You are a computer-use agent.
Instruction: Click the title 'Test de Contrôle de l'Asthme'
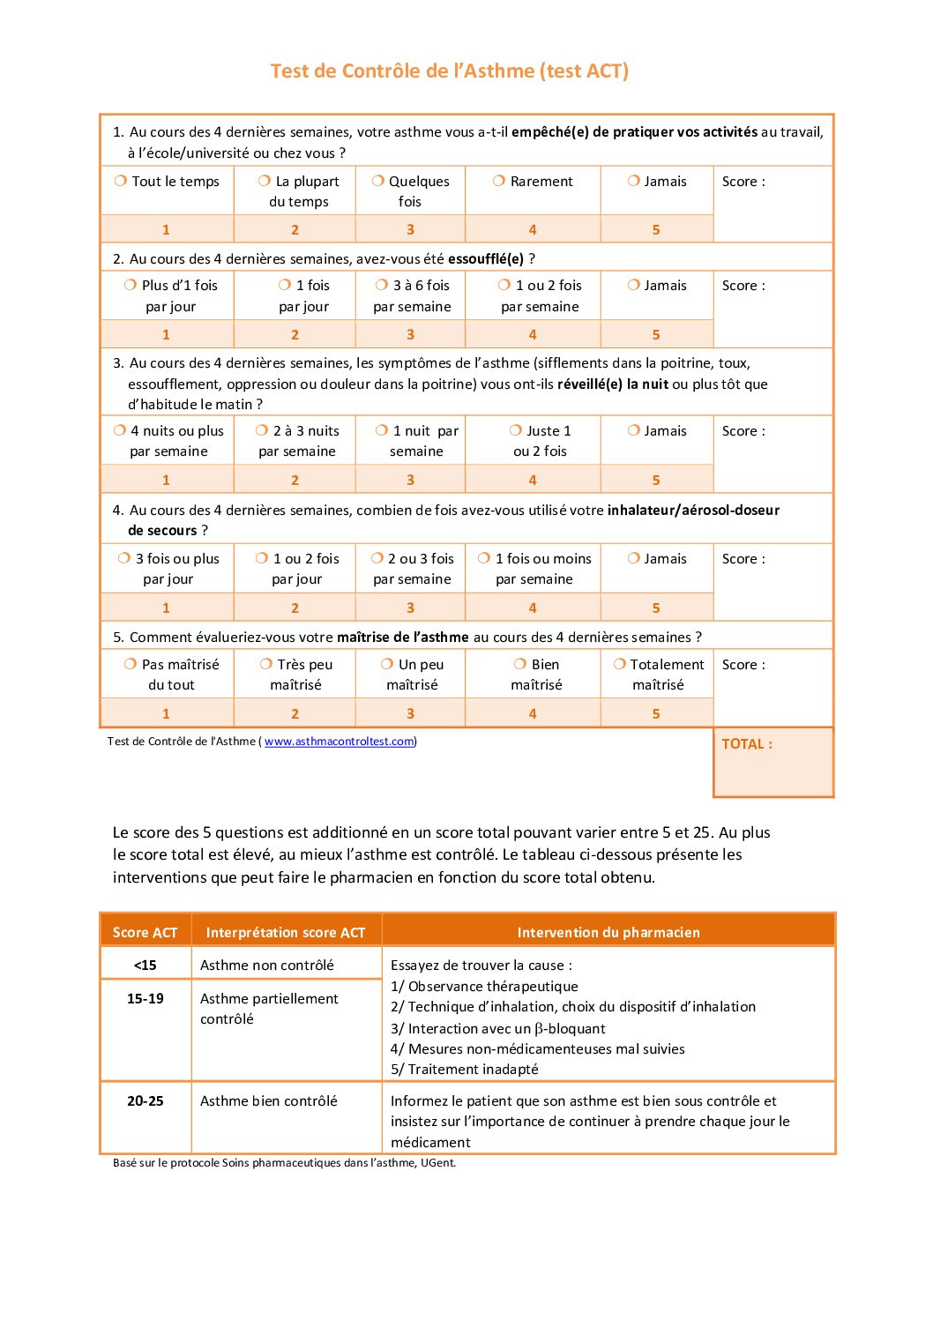[x=449, y=71]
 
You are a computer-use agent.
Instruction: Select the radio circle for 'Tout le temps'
[x=121, y=181]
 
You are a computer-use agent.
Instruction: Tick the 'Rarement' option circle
[x=499, y=181]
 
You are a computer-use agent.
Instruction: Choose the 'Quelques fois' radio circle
[x=378, y=181]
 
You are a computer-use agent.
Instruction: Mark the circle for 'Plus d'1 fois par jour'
[x=131, y=285]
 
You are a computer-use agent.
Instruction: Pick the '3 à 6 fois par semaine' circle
[x=382, y=285]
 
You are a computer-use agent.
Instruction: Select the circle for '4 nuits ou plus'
[x=120, y=430]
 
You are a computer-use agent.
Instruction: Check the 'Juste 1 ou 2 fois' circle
[x=516, y=430]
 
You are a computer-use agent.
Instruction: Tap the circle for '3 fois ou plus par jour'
[x=124, y=558]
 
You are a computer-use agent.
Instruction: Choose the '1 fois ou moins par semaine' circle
[x=484, y=558]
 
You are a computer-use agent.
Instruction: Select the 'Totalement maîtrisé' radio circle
[x=619, y=664]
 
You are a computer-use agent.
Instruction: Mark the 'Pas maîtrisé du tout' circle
[x=131, y=664]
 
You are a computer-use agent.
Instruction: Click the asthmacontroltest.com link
[x=340, y=742]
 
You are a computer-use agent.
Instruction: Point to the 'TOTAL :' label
[x=747, y=744]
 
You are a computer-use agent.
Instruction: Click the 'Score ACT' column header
[x=145, y=932]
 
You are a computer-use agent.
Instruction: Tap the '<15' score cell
[x=145, y=965]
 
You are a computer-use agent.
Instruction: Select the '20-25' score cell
[x=145, y=1100]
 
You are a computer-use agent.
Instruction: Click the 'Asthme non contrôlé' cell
[x=267, y=965]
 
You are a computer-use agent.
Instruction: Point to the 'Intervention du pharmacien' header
[x=608, y=932]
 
